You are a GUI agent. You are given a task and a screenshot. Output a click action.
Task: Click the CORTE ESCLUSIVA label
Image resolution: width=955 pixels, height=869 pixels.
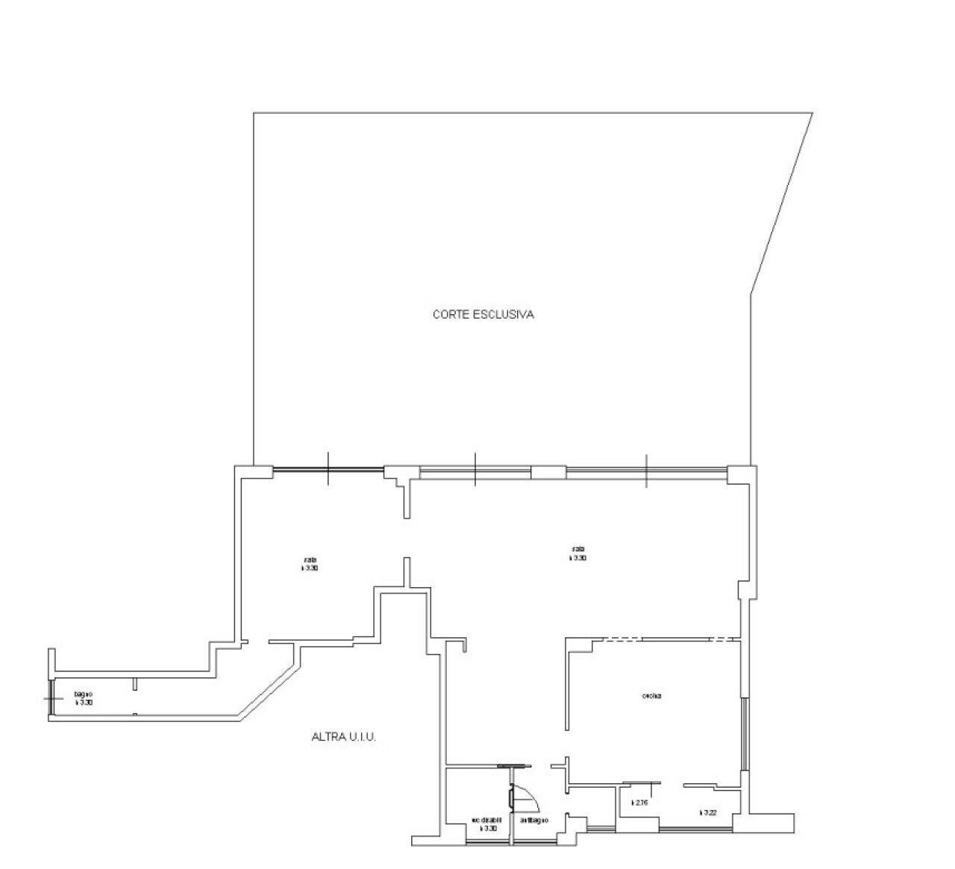[x=483, y=315]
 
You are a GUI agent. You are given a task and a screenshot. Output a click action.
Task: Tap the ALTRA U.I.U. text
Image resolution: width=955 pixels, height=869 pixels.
[x=343, y=737]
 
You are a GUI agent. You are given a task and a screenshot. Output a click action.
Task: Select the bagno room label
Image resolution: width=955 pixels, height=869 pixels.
[x=84, y=698]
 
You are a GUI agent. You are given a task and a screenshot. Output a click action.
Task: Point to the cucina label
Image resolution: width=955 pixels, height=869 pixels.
[x=651, y=697]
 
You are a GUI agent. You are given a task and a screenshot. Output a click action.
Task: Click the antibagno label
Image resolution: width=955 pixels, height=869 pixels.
[x=534, y=821]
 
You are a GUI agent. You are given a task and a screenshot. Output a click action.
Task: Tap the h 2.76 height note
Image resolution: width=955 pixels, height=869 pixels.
[x=639, y=803]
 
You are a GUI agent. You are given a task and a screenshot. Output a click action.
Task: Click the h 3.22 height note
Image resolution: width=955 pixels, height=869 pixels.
[x=708, y=812]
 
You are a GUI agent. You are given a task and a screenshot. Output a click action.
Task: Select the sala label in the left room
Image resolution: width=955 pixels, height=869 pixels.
[x=310, y=564]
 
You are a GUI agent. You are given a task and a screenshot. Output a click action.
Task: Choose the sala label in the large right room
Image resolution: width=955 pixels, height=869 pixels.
[x=577, y=553]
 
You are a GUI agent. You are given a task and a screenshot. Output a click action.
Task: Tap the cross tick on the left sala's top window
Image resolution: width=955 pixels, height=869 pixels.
[x=328, y=469]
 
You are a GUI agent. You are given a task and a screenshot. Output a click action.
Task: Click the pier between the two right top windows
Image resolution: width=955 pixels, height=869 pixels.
[x=548, y=472]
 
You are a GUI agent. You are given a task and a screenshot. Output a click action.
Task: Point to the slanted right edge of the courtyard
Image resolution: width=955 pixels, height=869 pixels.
[x=782, y=201]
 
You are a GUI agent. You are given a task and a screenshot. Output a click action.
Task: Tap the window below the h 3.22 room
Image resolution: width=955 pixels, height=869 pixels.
[x=695, y=829]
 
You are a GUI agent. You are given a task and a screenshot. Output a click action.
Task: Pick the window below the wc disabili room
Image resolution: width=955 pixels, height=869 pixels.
[x=486, y=842]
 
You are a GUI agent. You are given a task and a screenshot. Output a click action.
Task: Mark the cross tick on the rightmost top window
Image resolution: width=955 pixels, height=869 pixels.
[x=647, y=471]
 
